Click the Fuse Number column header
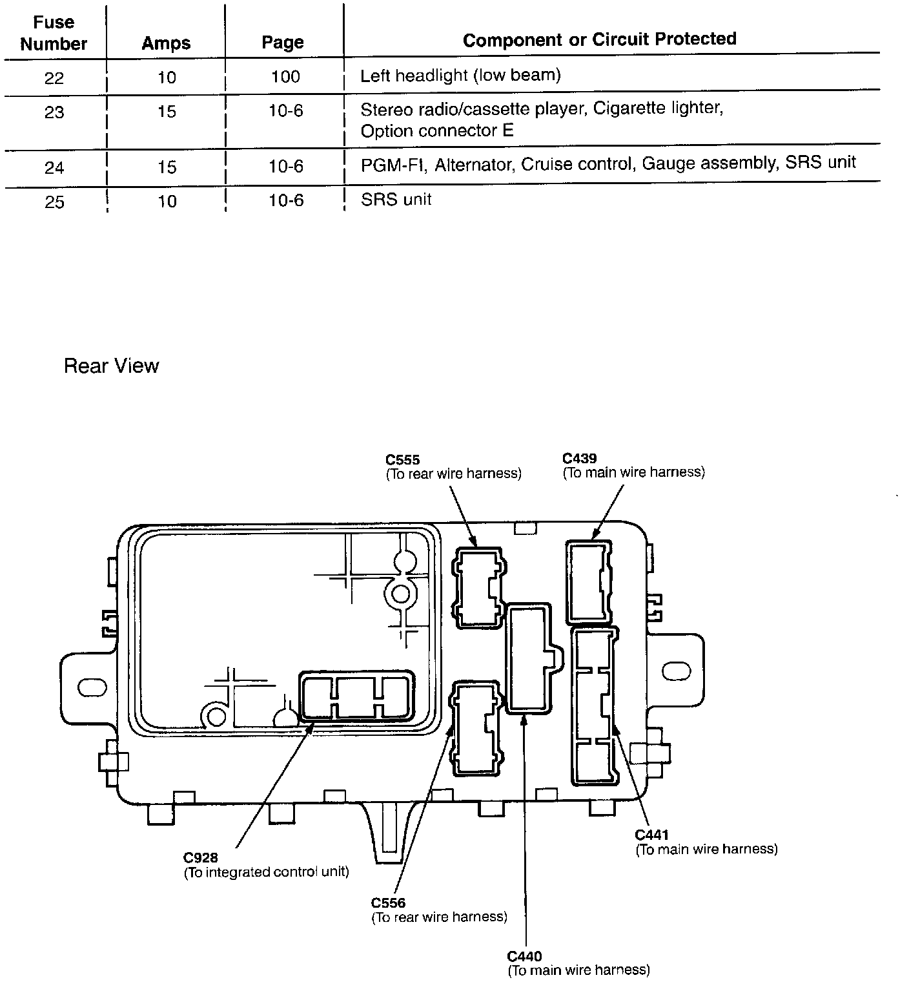54,33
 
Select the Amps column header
167,43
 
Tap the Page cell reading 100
285,77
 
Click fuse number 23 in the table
54,112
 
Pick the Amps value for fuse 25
167,202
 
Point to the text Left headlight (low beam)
460,76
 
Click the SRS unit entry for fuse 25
396,199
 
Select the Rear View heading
111,366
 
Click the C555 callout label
402,460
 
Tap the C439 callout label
579,459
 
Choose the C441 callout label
652,835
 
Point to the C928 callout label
200,858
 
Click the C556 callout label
388,903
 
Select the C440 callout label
524,956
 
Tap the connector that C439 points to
589,582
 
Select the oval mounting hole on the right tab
676,670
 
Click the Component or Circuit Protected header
599,39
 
